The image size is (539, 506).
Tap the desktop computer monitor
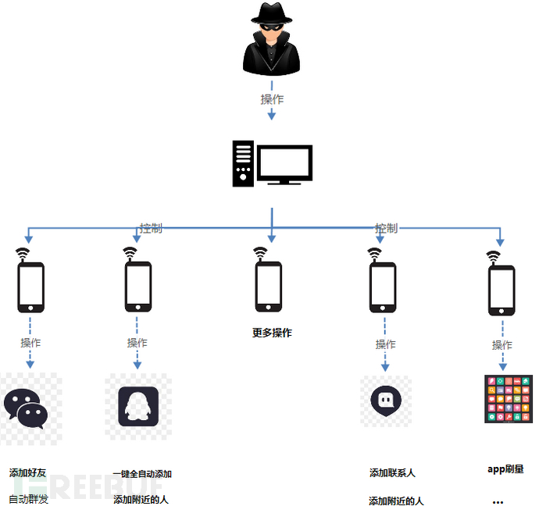(285, 164)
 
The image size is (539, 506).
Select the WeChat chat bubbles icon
(25, 408)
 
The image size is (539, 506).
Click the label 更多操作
(272, 333)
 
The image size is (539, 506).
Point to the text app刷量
(505, 469)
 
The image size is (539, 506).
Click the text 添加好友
(28, 473)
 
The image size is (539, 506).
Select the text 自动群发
(28, 499)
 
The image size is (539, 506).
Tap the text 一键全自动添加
(142, 474)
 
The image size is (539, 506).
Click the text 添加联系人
(392, 473)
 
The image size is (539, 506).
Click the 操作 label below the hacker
(272, 99)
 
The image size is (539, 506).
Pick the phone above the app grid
(502, 289)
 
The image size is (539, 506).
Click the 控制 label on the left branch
(151, 228)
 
